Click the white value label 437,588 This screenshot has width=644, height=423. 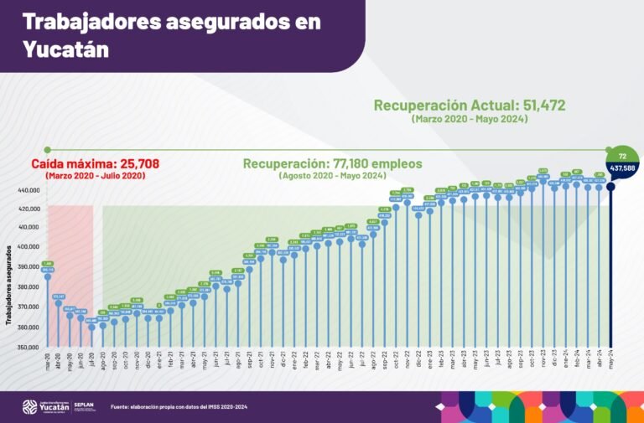[622, 168]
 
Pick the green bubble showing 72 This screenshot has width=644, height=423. [622, 156]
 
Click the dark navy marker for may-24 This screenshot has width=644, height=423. [610, 187]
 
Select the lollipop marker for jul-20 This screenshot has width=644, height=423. [91, 327]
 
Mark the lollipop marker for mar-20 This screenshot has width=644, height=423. [48, 276]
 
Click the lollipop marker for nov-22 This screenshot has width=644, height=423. [408, 203]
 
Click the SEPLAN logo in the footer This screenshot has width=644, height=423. [85, 406]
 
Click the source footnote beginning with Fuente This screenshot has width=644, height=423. [184, 407]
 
